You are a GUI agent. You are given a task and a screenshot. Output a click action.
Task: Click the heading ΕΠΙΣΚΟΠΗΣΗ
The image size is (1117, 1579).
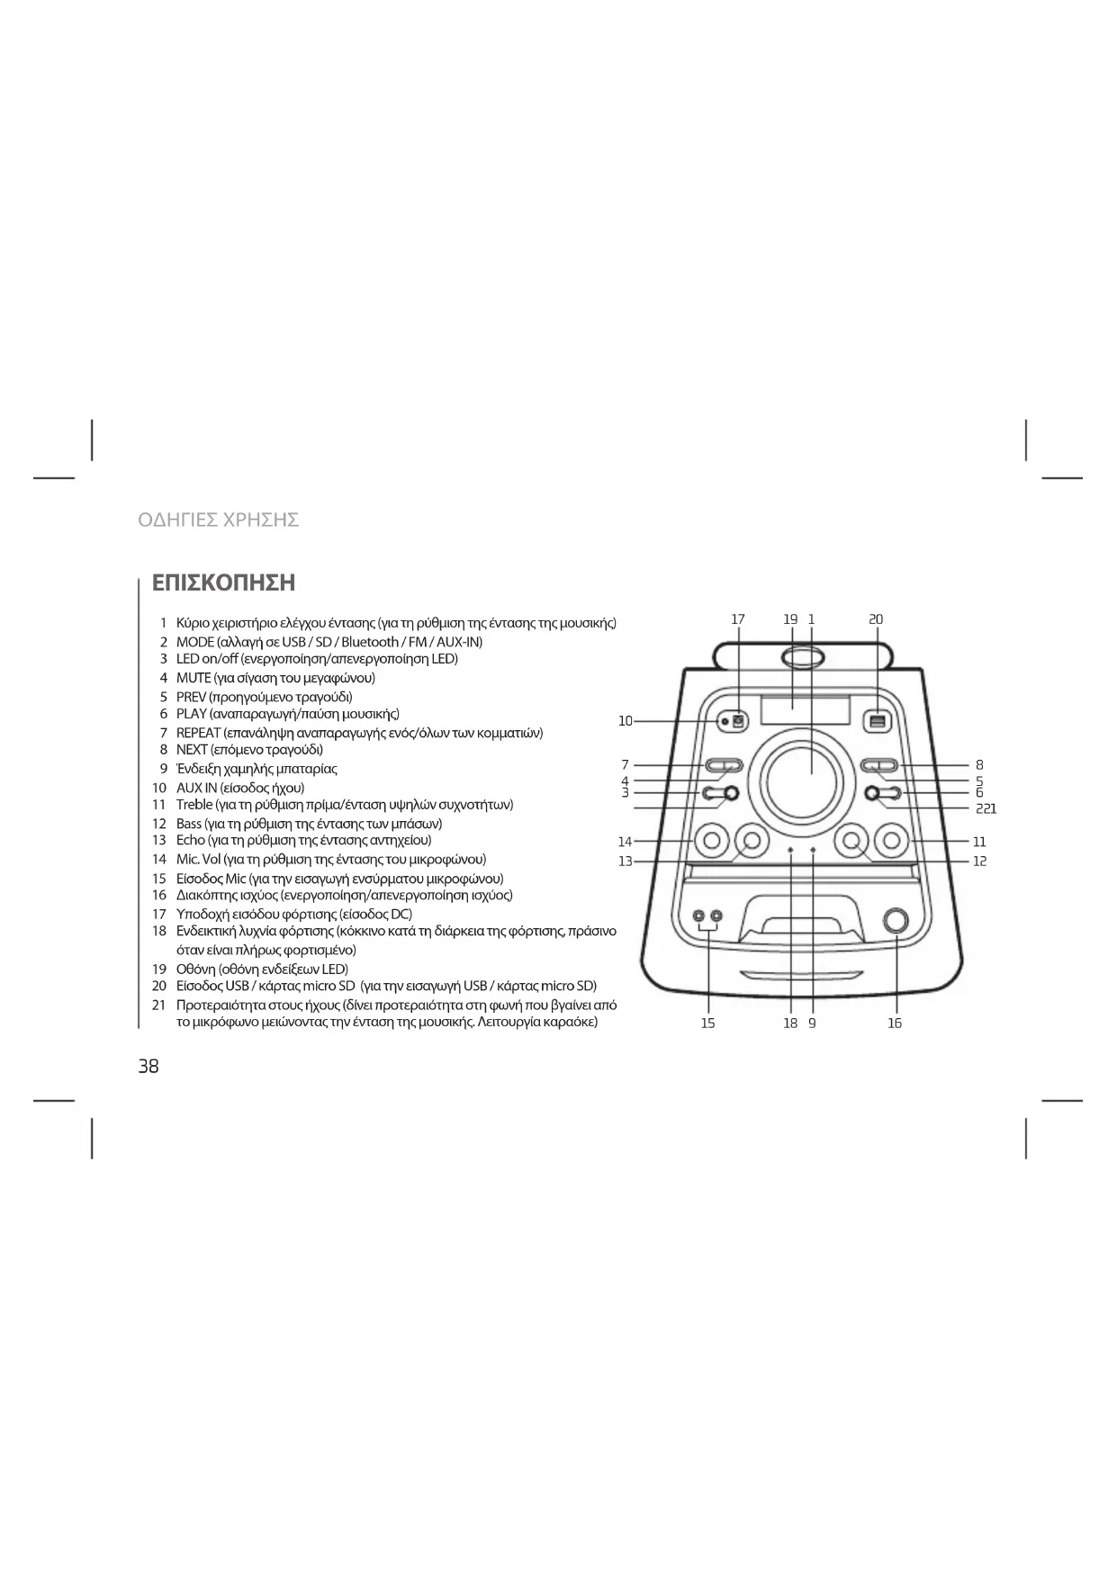coord(223,582)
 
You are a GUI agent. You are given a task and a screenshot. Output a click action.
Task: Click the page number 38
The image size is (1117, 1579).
coord(149,1067)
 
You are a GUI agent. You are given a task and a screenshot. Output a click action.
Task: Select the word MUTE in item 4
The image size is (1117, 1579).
coord(194,678)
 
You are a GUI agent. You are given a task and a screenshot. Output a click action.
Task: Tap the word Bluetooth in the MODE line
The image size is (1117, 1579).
coord(369,642)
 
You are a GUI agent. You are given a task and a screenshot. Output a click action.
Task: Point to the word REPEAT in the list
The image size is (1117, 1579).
coord(198,733)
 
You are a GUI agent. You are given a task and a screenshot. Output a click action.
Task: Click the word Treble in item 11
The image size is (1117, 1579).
coord(194,805)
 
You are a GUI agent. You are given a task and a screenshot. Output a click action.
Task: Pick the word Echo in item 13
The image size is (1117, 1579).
coord(191,841)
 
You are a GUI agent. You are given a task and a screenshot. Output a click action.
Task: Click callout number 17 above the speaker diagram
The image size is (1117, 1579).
coord(738,619)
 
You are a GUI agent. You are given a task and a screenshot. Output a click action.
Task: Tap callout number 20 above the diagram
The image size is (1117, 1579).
coord(876,619)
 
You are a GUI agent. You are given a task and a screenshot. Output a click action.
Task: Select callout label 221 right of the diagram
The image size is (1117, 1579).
coord(986,808)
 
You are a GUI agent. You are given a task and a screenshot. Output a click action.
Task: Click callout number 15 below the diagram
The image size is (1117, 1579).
coord(708,1024)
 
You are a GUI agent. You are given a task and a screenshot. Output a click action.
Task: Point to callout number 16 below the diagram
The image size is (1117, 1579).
coord(895,1024)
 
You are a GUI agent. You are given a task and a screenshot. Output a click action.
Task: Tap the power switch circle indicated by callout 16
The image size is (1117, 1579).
coord(896,920)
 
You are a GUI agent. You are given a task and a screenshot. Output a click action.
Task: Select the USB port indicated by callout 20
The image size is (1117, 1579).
coord(878,721)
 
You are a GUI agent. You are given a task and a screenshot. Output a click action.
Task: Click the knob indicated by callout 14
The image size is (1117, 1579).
coord(711,842)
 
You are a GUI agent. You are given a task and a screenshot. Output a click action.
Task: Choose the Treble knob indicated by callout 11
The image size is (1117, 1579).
coord(891,842)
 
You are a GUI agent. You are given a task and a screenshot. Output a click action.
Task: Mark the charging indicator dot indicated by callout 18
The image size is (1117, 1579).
coord(790,850)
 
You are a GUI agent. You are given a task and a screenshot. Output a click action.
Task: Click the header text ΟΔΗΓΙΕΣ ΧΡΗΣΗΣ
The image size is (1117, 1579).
coord(218,519)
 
